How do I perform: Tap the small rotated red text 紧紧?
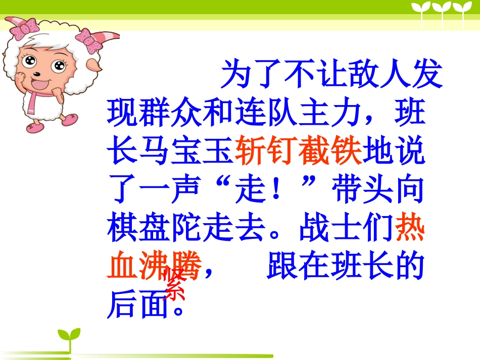point(174,284)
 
